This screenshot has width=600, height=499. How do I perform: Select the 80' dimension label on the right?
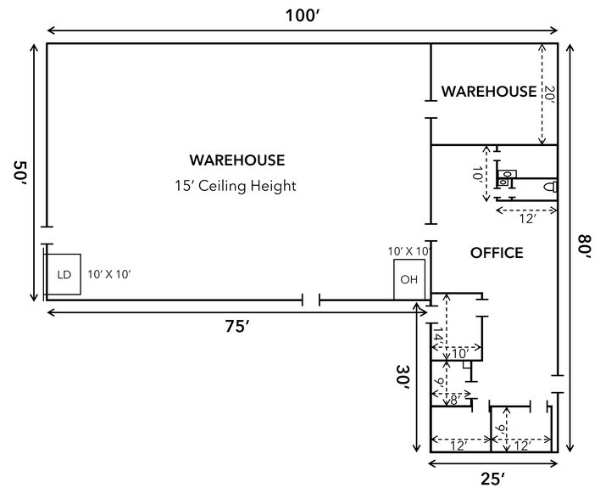pos(584,249)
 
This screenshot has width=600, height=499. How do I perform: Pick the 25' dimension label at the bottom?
pos(492,479)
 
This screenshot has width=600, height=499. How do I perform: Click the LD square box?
pos(64,274)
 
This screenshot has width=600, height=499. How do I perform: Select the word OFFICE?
pos(497,253)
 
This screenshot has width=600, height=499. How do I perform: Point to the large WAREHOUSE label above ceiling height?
pos(236,160)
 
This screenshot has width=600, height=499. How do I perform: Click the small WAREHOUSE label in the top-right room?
pos(488,92)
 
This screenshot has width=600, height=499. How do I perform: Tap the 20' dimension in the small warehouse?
pos(549,93)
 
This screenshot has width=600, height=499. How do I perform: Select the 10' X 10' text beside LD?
pos(109,274)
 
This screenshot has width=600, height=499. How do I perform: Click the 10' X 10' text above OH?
pos(409,251)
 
